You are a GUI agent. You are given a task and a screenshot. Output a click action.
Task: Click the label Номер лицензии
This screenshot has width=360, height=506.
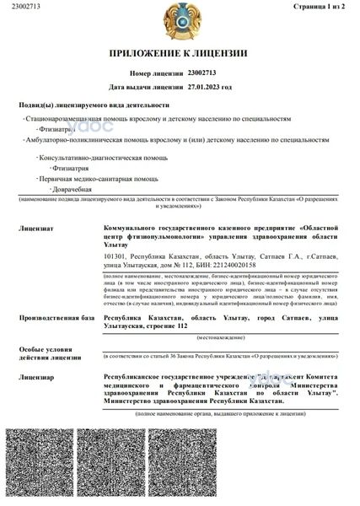(x=157, y=74)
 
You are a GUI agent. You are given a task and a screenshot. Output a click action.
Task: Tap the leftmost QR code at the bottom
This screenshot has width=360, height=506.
(x=46, y=465)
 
